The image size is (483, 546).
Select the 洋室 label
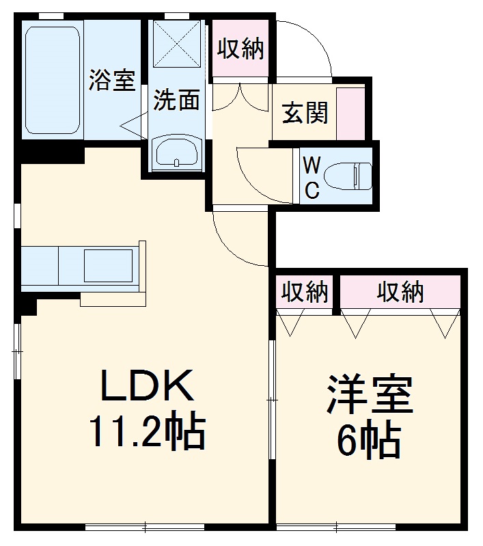click(x=370, y=396)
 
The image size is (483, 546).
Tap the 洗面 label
click(x=176, y=100)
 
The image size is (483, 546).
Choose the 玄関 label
click(x=305, y=112)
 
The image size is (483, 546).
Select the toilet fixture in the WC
click(x=347, y=176)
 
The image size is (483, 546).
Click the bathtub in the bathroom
click(x=53, y=80)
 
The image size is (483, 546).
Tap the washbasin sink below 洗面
click(x=177, y=152)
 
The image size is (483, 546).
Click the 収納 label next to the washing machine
click(x=240, y=49)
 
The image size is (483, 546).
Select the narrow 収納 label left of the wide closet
click(x=305, y=292)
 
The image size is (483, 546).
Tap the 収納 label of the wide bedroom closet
click(x=401, y=292)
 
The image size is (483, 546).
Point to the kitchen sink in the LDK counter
click(x=108, y=264)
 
